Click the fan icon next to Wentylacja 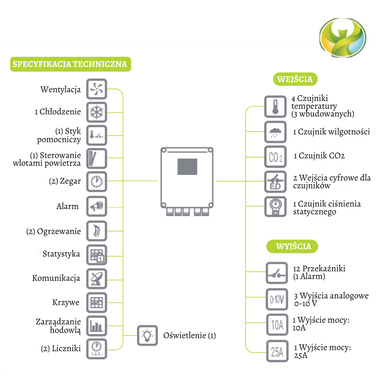96,89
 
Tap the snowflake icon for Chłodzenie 96,112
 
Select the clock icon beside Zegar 96,182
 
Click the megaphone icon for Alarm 96,206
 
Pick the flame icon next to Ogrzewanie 96,231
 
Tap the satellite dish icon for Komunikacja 96,278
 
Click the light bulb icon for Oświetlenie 147,335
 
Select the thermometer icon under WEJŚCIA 275,107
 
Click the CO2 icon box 275,157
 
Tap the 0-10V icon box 277,299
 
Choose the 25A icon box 277,351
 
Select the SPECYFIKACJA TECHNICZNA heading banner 70,64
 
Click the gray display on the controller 187,167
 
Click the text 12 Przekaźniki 319,268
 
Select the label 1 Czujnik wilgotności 331,132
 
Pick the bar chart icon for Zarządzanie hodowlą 96,325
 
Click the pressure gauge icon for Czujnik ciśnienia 275,207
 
